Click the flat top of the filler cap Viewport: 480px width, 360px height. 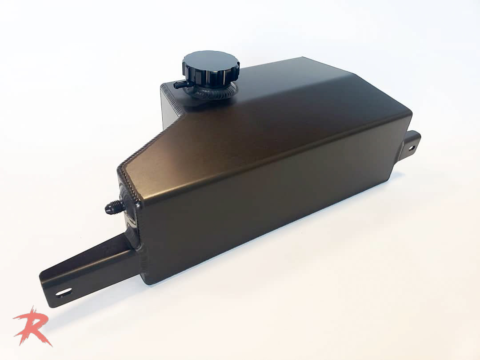(211, 60)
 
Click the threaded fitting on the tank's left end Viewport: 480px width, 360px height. (115, 207)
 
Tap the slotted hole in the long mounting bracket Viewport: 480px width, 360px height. (64, 292)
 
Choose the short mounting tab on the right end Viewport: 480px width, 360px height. (412, 144)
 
